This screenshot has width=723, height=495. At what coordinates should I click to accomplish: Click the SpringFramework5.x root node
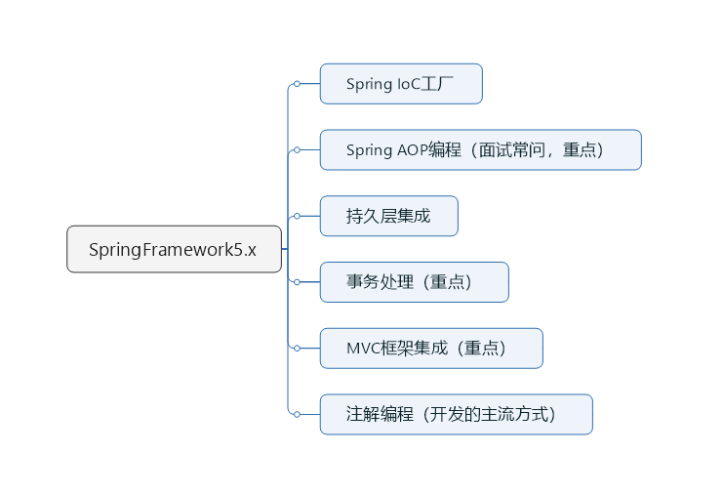click(x=174, y=249)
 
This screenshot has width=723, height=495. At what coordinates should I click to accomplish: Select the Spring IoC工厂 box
click(x=401, y=84)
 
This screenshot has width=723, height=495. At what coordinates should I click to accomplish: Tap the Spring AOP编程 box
click(x=480, y=149)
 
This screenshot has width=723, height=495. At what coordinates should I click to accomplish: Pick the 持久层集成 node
click(x=388, y=216)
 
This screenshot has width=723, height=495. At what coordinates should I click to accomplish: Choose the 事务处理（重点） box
click(x=414, y=282)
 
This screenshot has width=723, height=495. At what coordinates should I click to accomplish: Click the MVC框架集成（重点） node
click(x=430, y=348)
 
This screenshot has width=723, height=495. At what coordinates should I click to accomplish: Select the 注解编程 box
click(x=456, y=414)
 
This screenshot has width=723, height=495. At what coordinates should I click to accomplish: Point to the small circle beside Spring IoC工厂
click(x=297, y=84)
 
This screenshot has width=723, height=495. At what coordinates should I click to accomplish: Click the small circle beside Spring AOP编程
click(x=297, y=149)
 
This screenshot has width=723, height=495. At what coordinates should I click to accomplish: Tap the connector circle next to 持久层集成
click(x=297, y=216)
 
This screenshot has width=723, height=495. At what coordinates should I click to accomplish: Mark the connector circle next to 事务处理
click(x=297, y=282)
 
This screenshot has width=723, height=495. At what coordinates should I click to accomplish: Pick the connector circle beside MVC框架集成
click(x=297, y=348)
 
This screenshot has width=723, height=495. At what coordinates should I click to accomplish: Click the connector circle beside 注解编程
click(x=297, y=414)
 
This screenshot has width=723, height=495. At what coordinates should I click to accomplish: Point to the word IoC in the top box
click(x=409, y=84)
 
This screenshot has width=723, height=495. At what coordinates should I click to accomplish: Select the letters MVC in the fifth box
click(x=363, y=349)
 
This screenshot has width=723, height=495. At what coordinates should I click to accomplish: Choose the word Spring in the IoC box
click(x=369, y=84)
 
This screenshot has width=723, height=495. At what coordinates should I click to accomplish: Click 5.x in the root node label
click(x=244, y=249)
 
